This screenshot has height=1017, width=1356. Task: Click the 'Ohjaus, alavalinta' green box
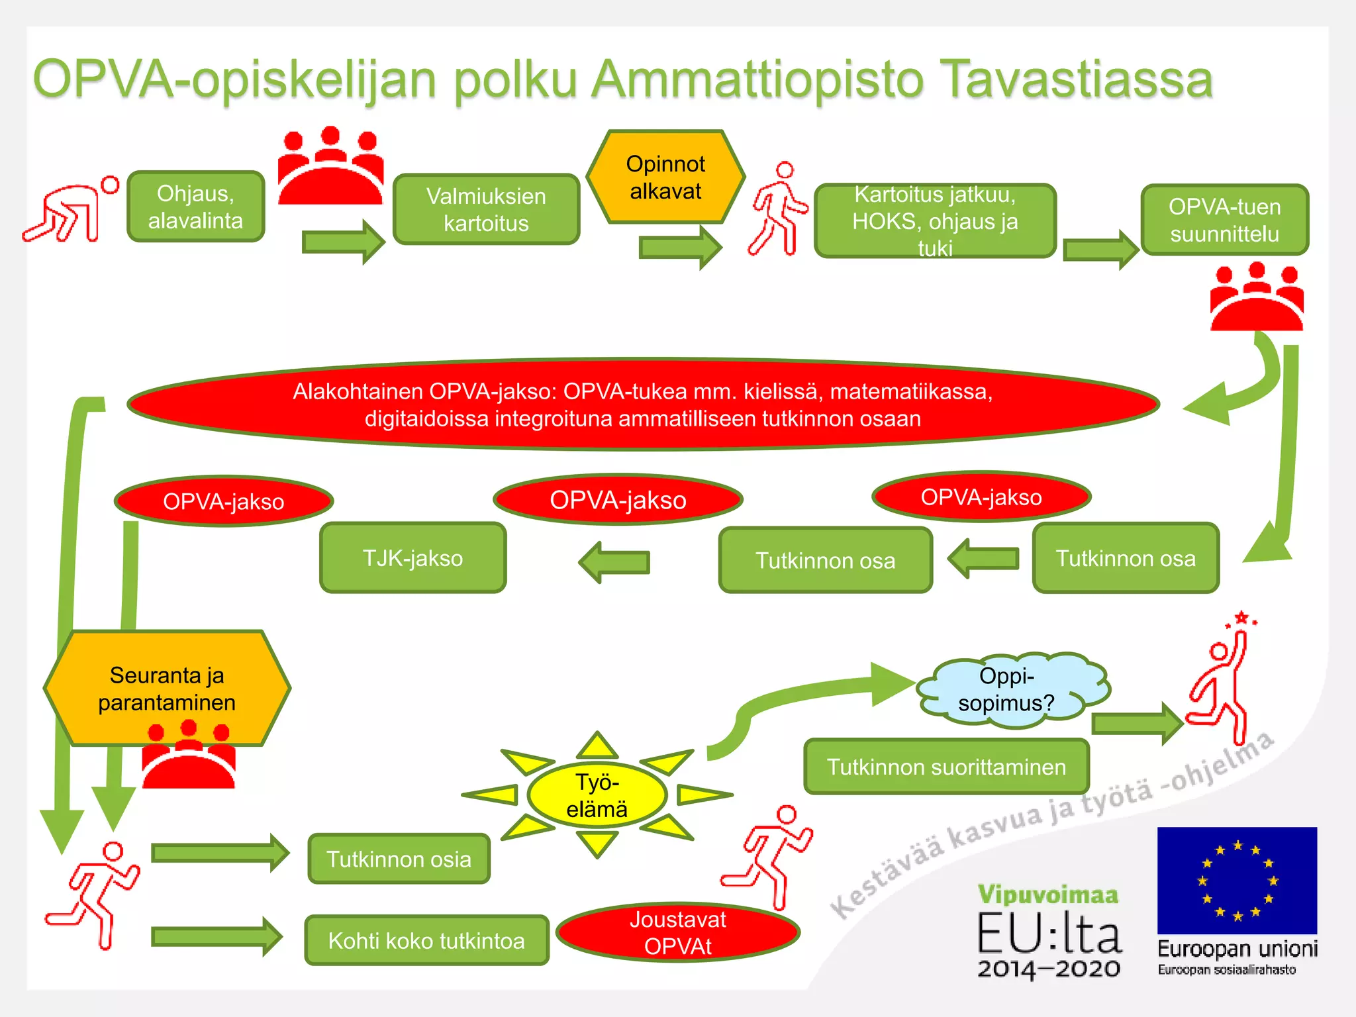pos(196,207)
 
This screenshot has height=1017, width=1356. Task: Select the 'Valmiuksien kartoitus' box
pos(486,209)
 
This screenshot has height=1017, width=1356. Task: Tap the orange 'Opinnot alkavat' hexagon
pos(665,177)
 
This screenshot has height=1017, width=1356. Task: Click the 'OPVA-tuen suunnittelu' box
pos(1224,220)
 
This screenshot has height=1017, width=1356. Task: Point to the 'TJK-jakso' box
pos(412,558)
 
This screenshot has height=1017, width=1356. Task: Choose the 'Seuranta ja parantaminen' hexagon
pos(167,689)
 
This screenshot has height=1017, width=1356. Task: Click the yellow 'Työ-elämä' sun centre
pos(597,795)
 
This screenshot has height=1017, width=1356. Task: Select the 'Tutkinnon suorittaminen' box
pos(946,767)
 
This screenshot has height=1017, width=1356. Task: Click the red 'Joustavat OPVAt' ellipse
pos(677,932)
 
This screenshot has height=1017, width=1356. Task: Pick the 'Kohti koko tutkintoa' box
pos(426,940)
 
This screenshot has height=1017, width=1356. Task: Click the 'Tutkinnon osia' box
pos(399,859)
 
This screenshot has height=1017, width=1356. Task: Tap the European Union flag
pos(1237,880)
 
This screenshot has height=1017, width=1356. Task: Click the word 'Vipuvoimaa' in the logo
pos(1048,895)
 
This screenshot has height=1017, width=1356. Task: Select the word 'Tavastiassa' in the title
pos(1075,79)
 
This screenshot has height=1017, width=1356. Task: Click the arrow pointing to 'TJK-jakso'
pos(614,562)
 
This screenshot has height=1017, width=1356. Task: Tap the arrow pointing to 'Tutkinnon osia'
pos(220,853)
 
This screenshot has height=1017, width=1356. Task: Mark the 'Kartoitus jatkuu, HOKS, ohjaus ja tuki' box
pos(935,220)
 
